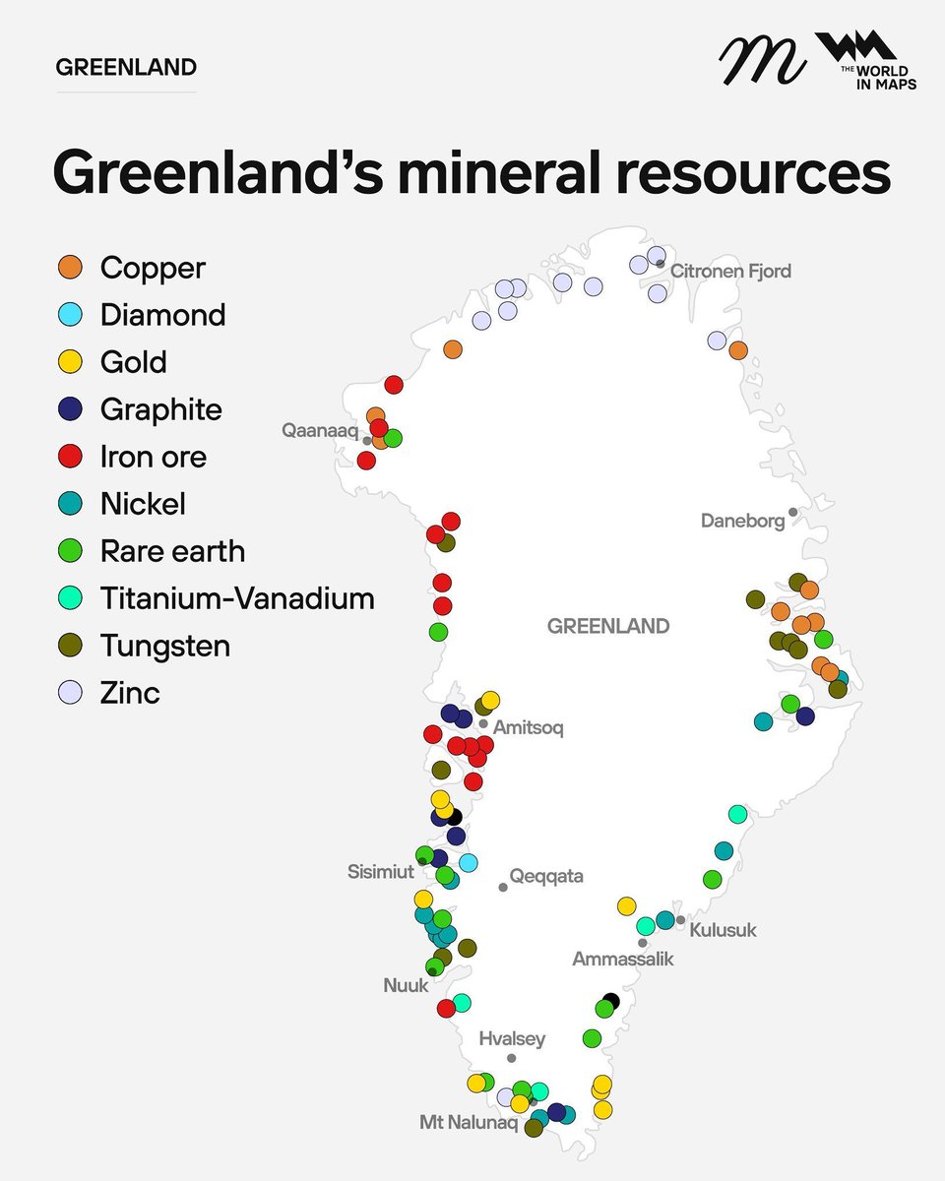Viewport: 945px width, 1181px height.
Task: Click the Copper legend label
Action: click(x=153, y=268)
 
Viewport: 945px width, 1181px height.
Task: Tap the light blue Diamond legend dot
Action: click(x=69, y=315)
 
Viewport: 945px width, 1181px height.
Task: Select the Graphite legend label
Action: click(x=160, y=409)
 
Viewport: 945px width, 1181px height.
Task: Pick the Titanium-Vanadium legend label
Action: click(x=236, y=598)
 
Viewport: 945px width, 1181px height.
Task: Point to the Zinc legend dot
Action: click(x=69, y=693)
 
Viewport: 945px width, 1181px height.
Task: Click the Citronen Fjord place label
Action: click(x=730, y=271)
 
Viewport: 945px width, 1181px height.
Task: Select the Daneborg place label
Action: click(x=742, y=521)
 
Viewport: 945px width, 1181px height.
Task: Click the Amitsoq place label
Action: click(x=528, y=728)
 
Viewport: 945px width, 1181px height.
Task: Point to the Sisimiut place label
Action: click(x=380, y=872)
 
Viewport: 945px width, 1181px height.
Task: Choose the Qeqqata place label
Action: click(x=546, y=876)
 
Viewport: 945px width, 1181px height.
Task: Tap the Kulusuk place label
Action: click(x=723, y=930)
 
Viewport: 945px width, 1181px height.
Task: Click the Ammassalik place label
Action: click(x=623, y=959)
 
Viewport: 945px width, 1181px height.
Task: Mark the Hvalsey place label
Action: click(x=512, y=1039)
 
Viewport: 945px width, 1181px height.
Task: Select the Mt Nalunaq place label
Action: click(x=468, y=1123)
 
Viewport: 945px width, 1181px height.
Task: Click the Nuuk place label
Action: click(x=406, y=985)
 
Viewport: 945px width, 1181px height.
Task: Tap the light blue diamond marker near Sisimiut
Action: click(x=469, y=863)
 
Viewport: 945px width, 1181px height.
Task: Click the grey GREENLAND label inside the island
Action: click(x=607, y=626)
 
